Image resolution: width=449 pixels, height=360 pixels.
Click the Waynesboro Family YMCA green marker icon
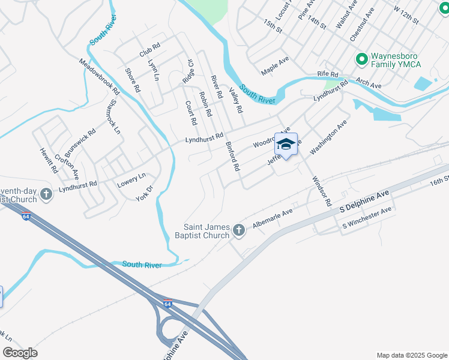click(362, 59)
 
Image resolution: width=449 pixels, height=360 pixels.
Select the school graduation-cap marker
click(286, 145)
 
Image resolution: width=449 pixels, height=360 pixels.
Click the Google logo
click(20, 353)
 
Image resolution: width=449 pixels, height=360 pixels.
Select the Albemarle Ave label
click(273, 217)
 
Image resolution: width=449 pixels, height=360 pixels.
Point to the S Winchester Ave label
click(367, 217)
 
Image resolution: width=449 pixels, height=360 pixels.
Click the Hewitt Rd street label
click(49, 160)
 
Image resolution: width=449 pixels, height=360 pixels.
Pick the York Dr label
click(145, 193)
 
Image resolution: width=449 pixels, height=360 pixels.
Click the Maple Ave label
click(275, 67)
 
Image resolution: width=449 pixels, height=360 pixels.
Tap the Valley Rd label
click(236, 101)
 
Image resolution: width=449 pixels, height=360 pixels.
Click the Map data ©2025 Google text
click(411, 355)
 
